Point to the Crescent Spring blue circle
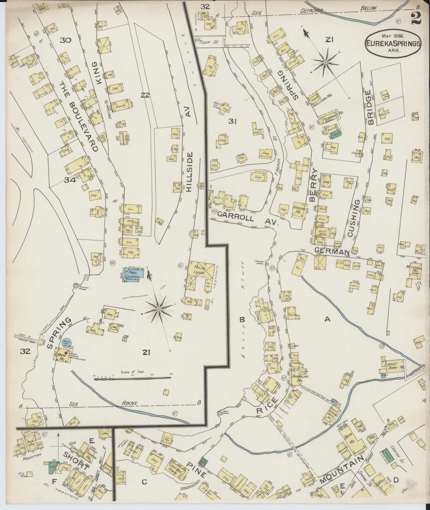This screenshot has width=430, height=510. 76,286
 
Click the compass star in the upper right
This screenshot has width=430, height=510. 325,62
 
